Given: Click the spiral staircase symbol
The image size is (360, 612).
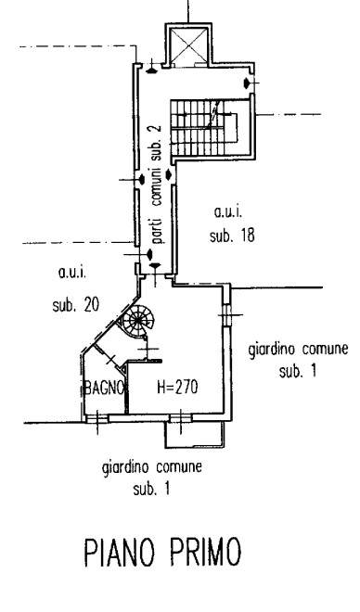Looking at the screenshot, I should coord(136,325).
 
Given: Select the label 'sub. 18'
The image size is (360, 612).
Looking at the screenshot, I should coord(231,236).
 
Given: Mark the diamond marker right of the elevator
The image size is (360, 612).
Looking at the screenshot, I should coord(247,84).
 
